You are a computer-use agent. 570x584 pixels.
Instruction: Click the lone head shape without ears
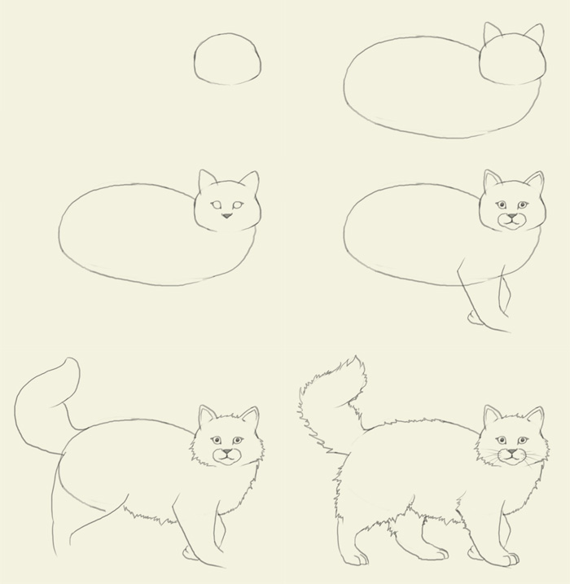tap(228, 59)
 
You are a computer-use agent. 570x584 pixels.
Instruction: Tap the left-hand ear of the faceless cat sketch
tap(492, 33)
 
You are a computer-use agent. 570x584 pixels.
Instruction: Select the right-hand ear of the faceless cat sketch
tap(534, 35)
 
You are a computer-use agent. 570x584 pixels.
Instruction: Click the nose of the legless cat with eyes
tap(227, 215)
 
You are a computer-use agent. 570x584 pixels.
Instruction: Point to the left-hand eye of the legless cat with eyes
tap(216, 204)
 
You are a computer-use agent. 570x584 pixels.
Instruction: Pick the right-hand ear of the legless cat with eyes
tap(249, 182)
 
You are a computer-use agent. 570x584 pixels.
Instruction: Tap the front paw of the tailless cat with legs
tap(475, 318)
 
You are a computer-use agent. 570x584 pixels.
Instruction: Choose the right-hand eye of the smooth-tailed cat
tap(237, 440)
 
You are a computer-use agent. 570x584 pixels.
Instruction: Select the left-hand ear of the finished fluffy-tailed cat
tap(492, 416)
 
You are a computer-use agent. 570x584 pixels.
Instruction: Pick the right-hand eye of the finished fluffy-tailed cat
tap(522, 440)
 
